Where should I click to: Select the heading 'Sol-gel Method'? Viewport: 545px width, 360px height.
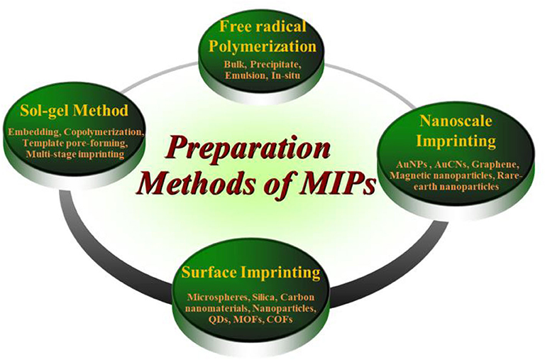74,111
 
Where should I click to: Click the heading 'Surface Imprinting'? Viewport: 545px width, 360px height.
251,273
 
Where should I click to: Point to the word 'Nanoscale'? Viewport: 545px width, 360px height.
456,121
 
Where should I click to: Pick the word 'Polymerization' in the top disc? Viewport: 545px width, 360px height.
263,47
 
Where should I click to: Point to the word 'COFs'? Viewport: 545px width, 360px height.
280,320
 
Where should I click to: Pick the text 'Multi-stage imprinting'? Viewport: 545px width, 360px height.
75,154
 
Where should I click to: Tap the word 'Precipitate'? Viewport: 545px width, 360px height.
278,65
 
